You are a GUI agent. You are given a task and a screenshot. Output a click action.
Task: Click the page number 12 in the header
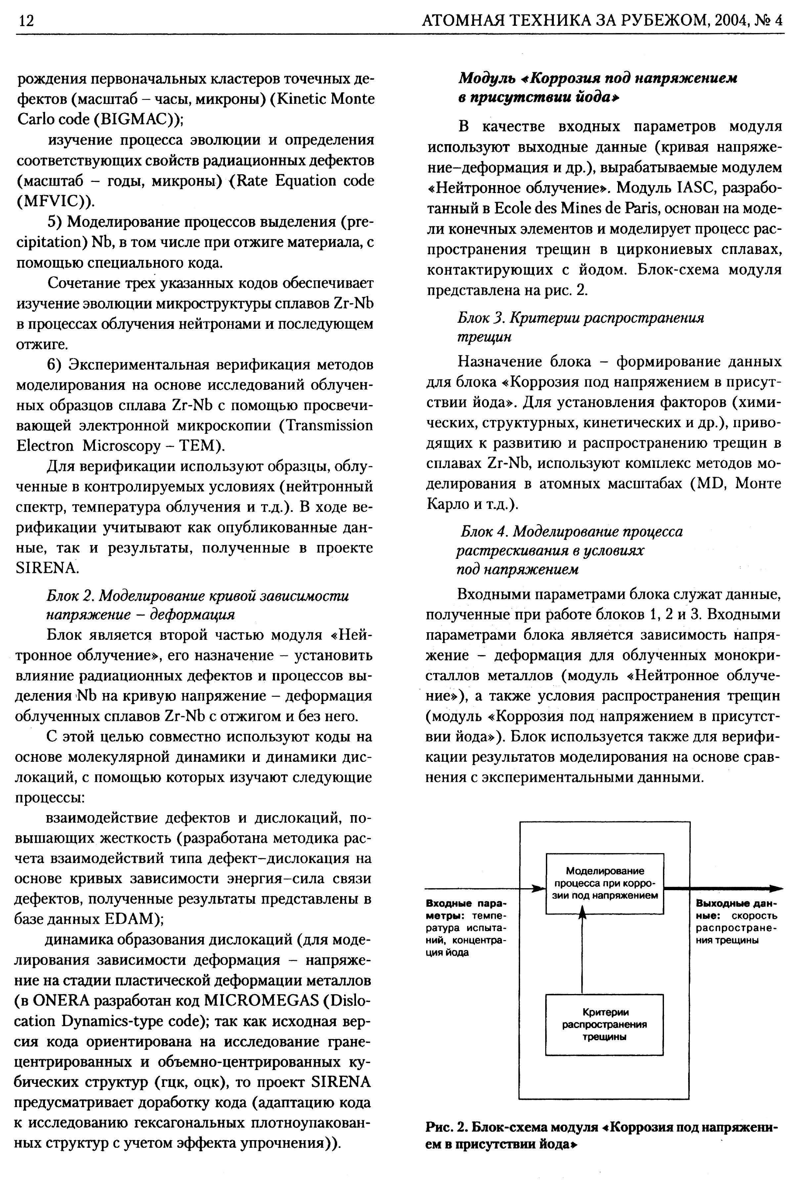(x=25, y=21)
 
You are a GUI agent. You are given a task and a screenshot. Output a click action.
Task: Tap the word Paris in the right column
(x=640, y=209)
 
